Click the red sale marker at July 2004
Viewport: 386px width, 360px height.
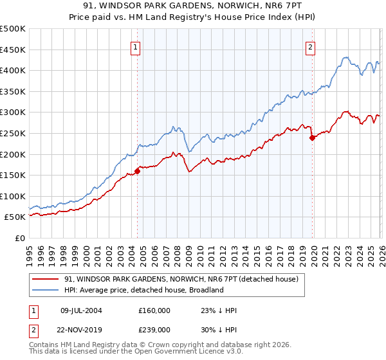[x=137, y=171]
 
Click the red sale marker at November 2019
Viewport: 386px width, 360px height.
[x=312, y=138]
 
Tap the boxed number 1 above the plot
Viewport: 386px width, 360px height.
[x=136, y=46]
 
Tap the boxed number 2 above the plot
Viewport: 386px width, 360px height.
[x=311, y=46]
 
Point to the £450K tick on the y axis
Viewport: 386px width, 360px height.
[x=13, y=50]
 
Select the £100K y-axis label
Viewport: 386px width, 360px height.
[x=13, y=196]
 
